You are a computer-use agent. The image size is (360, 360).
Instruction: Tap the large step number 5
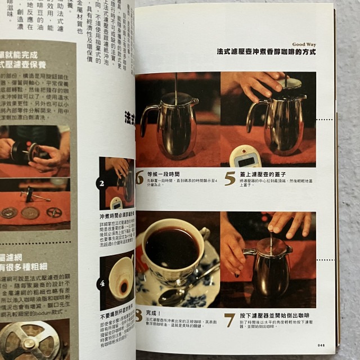229,178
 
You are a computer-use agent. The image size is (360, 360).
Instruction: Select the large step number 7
229,319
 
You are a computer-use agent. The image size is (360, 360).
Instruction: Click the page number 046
321,345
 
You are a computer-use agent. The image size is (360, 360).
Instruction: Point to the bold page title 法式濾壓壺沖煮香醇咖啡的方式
265,51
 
